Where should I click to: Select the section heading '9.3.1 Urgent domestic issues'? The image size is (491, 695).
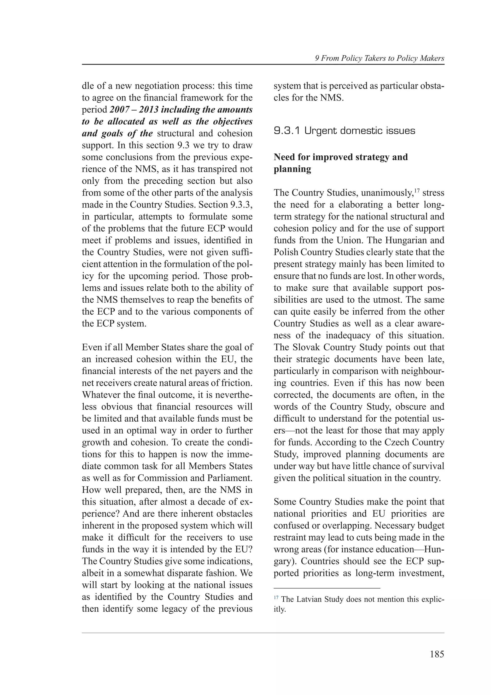344,131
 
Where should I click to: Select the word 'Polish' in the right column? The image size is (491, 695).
286,252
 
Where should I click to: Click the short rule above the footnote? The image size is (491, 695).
327,588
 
